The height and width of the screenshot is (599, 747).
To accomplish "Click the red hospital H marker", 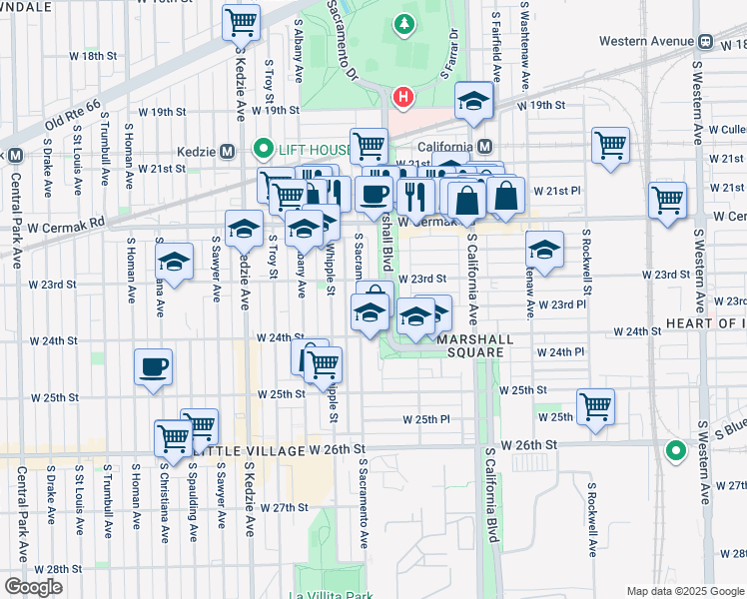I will click(402, 97).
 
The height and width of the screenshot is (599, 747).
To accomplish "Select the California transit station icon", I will click(485, 147).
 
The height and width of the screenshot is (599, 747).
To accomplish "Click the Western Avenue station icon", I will click(705, 42).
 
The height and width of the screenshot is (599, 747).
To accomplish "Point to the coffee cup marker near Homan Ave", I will click(154, 366).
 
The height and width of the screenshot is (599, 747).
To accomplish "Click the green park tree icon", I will click(403, 22).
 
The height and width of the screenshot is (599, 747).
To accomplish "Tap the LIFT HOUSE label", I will click(308, 151).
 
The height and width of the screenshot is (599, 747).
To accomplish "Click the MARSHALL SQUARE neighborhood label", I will click(474, 345).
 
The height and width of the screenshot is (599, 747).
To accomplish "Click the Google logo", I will click(34, 586).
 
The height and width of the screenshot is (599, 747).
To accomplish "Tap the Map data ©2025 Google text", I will click(685, 590).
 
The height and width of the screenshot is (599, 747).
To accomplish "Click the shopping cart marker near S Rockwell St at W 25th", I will click(596, 406).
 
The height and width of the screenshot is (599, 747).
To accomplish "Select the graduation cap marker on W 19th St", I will click(473, 100).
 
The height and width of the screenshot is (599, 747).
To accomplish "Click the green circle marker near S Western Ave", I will click(676, 451).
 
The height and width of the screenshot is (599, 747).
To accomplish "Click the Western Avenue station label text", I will click(645, 42).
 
